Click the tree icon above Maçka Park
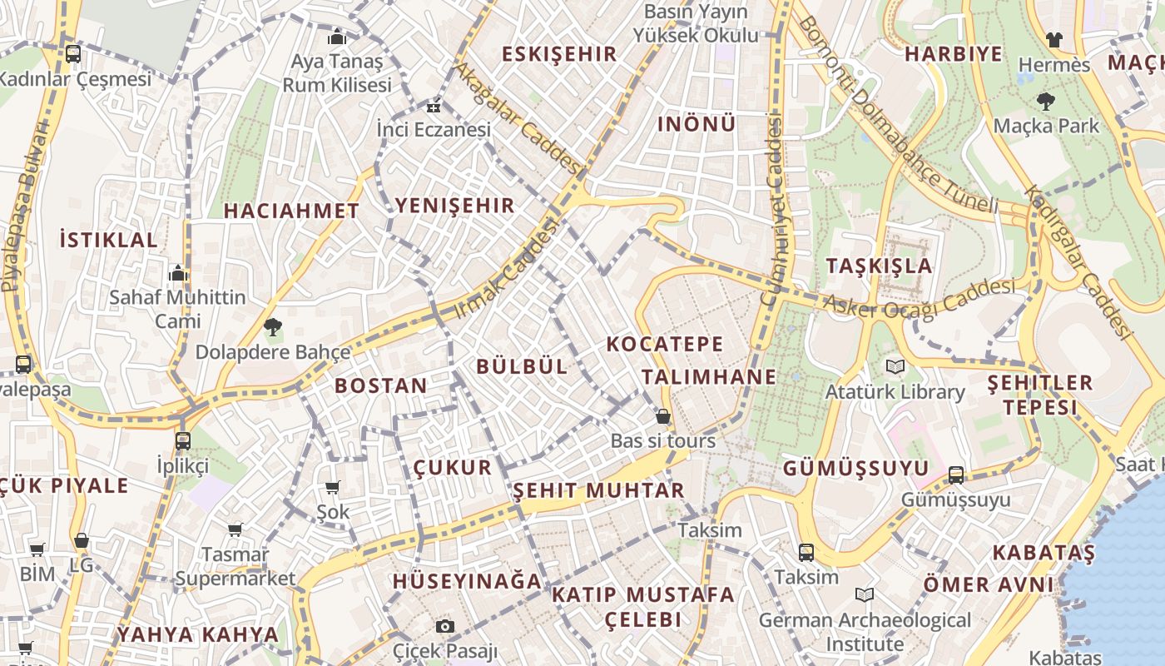(x=1046, y=102)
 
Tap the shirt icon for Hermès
(x=1054, y=39)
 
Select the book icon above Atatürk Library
(x=895, y=366)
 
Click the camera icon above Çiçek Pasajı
(x=445, y=626)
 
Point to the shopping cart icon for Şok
(x=333, y=487)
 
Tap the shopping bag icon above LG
(x=81, y=540)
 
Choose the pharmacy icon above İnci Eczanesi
(x=433, y=107)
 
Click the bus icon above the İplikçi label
(x=183, y=440)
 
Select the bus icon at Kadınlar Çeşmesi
(x=73, y=54)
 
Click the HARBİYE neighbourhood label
(x=954, y=54)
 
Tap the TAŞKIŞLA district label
(x=880, y=266)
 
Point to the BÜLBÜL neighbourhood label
(x=522, y=366)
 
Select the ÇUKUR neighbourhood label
(x=454, y=467)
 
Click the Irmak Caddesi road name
(x=506, y=269)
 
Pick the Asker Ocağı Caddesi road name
(x=920, y=298)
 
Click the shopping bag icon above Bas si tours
(x=663, y=416)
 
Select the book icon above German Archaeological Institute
(x=865, y=594)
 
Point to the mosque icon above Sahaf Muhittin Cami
(x=178, y=273)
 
